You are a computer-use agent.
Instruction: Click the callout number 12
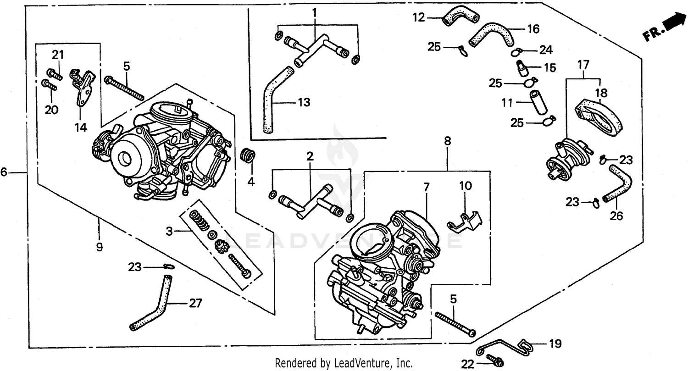[x=418, y=18]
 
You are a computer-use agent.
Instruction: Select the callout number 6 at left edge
[x=4, y=172]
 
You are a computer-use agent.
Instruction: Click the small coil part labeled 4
[x=247, y=155]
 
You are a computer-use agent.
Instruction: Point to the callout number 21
[x=57, y=55]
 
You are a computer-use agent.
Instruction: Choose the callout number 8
[x=447, y=141]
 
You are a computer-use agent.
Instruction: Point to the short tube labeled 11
[x=538, y=102]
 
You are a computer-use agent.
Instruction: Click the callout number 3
[x=170, y=232]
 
